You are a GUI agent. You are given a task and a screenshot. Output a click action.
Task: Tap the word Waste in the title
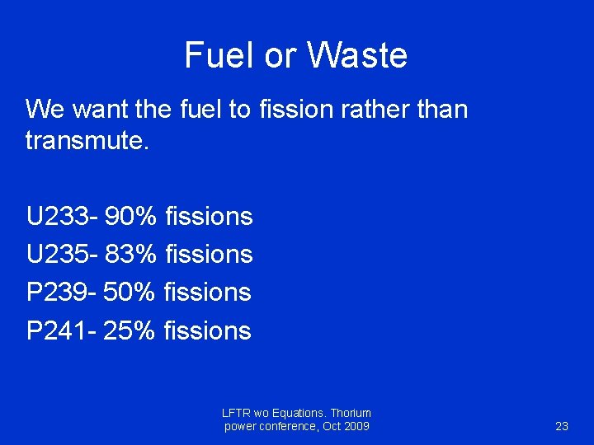pos(357,55)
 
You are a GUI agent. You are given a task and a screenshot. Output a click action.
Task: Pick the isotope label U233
pos(60,217)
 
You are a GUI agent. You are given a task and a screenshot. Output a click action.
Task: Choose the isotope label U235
pos(60,255)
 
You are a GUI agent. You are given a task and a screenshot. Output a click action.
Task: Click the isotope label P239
pos(59,293)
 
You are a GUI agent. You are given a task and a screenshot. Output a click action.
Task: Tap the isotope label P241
pos(59,330)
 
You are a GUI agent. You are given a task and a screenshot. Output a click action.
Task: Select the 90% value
pos(131,217)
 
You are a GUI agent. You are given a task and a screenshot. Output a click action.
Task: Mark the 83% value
pos(131,255)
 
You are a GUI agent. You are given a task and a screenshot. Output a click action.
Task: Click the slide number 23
pos(562,426)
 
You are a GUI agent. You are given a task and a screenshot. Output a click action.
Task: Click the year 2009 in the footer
pos(356,426)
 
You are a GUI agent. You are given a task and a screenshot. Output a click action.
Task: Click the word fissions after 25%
pos(208,330)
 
